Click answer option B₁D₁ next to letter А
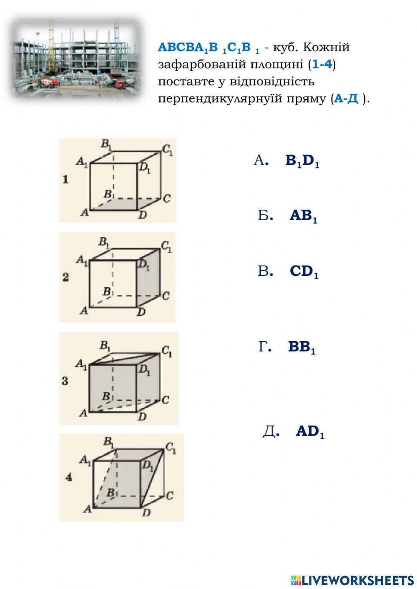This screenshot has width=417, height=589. point(302,161)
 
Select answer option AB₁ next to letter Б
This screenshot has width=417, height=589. point(303,216)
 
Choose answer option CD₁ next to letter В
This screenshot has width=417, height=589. point(304,271)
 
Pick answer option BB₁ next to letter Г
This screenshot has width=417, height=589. point(301,347)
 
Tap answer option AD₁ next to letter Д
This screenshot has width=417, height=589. point(310,432)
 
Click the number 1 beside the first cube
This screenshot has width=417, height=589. point(65,180)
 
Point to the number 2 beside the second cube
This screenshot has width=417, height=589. point(65,277)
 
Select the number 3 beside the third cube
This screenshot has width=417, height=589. point(65,381)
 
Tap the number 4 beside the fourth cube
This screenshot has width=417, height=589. point(69,478)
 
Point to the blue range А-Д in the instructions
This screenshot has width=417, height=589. point(347,99)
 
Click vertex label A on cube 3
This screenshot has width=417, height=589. point(83,413)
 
